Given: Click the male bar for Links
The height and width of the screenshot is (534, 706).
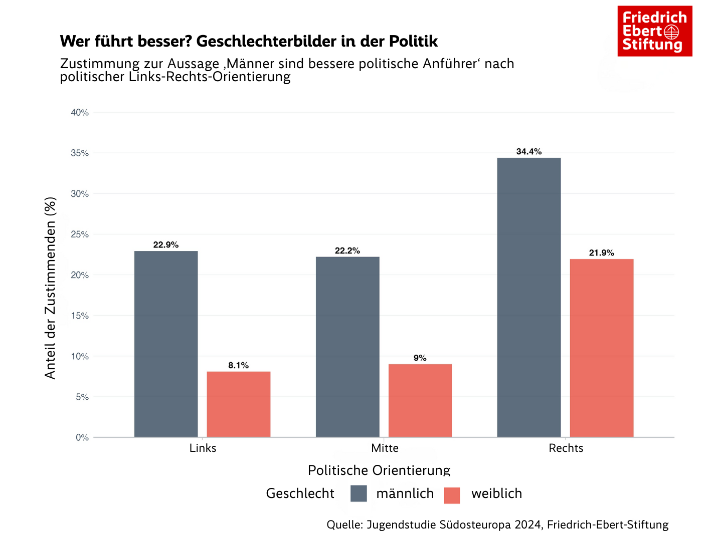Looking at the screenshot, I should [x=166, y=344].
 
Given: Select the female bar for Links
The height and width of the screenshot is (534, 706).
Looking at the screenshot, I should [x=239, y=404].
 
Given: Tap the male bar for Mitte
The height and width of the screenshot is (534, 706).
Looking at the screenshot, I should [x=347, y=347].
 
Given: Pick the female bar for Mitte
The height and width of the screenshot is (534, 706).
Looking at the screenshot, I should [x=420, y=400].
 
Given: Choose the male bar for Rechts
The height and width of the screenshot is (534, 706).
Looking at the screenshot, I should [x=529, y=297].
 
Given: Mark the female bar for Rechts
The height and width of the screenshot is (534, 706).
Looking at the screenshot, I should [x=602, y=348].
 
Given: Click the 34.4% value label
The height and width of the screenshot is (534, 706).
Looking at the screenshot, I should [x=529, y=152].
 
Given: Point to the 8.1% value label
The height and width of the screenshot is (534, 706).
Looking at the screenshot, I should [x=239, y=366].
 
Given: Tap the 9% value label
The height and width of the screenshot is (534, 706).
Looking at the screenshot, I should [x=420, y=358].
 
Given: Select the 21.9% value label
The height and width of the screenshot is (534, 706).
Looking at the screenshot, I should [x=602, y=253].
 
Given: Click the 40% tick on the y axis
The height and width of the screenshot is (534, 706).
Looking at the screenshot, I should [x=80, y=113].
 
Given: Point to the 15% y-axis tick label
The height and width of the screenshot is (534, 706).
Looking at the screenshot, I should [x=80, y=316].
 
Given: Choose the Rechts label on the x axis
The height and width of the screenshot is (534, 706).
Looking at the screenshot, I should [x=566, y=448].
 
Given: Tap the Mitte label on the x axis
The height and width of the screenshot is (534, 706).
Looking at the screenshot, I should [x=385, y=448].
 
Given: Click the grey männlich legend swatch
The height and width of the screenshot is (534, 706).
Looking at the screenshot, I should [x=359, y=493].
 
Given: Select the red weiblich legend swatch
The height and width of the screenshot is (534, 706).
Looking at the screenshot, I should [x=452, y=495].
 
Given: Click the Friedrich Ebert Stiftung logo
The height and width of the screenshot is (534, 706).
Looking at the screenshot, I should [x=654, y=31].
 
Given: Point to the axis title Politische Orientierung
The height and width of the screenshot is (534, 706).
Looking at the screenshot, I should [x=379, y=470].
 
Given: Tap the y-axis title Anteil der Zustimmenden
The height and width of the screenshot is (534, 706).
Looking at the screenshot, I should [x=51, y=288].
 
